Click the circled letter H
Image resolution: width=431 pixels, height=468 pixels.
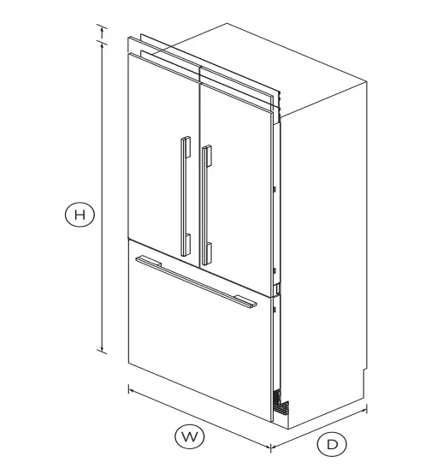coord(80,216)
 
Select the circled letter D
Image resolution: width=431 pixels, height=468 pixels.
coord(332,444)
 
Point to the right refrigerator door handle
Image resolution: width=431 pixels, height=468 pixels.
coord(205,205)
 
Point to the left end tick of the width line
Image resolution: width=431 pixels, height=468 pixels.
coord(129,389)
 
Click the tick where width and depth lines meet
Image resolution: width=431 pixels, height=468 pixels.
coord(271,446)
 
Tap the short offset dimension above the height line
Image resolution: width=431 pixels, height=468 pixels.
coord(104,33)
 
